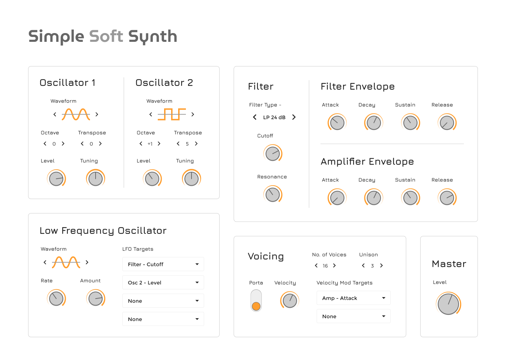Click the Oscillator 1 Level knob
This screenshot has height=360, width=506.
pyautogui.click(x=56, y=179)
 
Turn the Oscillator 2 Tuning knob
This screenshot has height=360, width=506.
pyautogui.click(x=192, y=179)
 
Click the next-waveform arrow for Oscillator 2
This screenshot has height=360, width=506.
pyautogui.click(x=193, y=114)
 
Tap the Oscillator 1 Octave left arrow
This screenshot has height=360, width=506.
pyautogui.click(x=45, y=143)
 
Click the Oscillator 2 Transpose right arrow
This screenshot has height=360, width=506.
pyautogui.click(x=196, y=143)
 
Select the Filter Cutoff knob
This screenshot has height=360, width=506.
pyautogui.click(x=273, y=154)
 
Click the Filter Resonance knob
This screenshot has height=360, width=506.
pyautogui.click(x=273, y=195)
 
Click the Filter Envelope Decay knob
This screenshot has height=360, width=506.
pyautogui.click(x=374, y=123)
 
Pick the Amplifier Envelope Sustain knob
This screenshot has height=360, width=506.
pyautogui.click(x=410, y=198)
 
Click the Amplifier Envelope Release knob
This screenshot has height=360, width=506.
pyautogui.click(x=447, y=198)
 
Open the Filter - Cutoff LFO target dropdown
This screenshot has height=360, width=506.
pyautogui.click(x=163, y=264)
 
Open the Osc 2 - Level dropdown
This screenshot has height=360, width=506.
pyautogui.click(x=163, y=283)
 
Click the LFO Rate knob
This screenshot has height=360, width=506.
pyautogui.click(x=56, y=298)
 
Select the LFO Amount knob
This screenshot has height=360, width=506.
pyautogui.click(x=96, y=298)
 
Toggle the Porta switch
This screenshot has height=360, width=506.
pyautogui.click(x=256, y=301)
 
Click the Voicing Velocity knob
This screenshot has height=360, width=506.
pyautogui.click(x=290, y=301)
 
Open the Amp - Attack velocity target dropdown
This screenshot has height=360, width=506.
pyautogui.click(x=353, y=298)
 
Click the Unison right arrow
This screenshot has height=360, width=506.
pyautogui.click(x=382, y=265)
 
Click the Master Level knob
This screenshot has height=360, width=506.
pyautogui.click(x=448, y=304)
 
